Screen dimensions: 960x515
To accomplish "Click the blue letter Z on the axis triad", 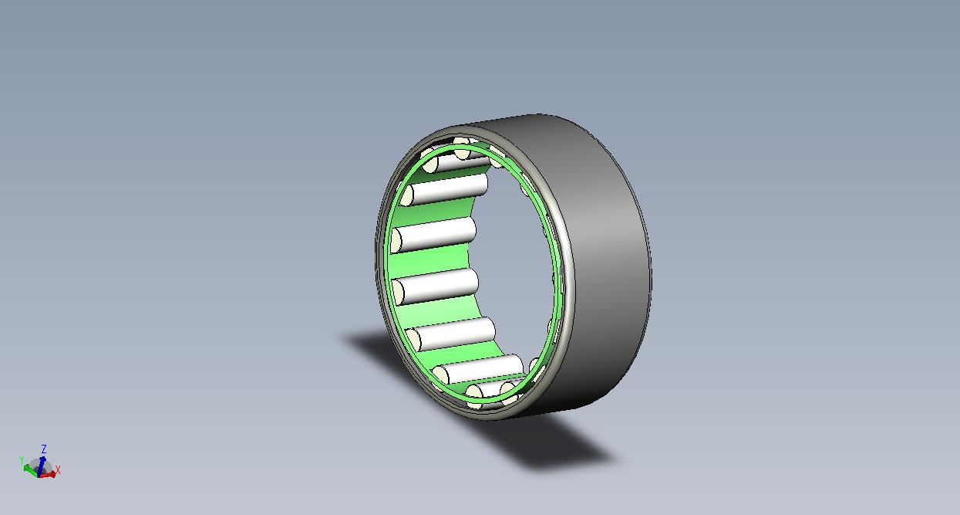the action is point(44,449).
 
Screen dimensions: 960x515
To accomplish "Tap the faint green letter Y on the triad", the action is point(22,460).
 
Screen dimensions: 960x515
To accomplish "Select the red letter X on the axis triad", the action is point(58,470).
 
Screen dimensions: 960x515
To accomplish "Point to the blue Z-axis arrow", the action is point(41,466).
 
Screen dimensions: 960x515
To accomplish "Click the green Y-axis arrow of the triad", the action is point(31,469).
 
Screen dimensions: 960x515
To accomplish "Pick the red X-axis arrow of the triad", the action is point(48,474).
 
